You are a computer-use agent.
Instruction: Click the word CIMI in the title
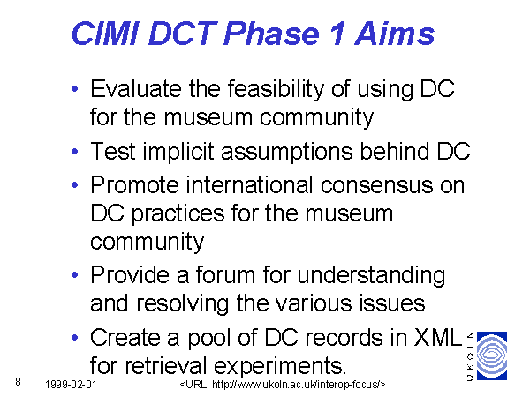pyautogui.click(x=105, y=34)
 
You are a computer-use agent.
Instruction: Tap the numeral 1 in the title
pyautogui.click(x=337, y=34)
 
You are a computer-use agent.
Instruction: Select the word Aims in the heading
pyautogui.click(x=395, y=34)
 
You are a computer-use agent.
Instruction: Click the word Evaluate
pyautogui.click(x=136, y=89)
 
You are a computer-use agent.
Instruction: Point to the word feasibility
pyautogui.click(x=276, y=90)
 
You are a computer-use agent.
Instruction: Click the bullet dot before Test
pyautogui.click(x=75, y=151)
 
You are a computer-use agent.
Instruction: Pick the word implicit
pyautogui.click(x=178, y=152)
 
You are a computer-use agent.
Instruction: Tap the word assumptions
pyautogui.click(x=287, y=153)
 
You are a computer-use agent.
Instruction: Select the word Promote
pyautogui.click(x=134, y=185)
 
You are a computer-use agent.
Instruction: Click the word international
pyautogui.click(x=249, y=185)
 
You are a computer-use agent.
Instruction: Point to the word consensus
pyautogui.click(x=376, y=186)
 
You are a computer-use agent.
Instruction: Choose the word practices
pyautogui.click(x=178, y=214)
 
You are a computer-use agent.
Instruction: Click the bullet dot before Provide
pyautogui.click(x=75, y=275)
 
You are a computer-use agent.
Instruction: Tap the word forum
pyautogui.click(x=225, y=274)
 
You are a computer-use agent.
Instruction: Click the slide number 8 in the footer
pyautogui.click(x=18, y=382)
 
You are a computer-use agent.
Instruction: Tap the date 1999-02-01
pyautogui.click(x=71, y=384)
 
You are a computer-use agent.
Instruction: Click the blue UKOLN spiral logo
pyautogui.click(x=492, y=356)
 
